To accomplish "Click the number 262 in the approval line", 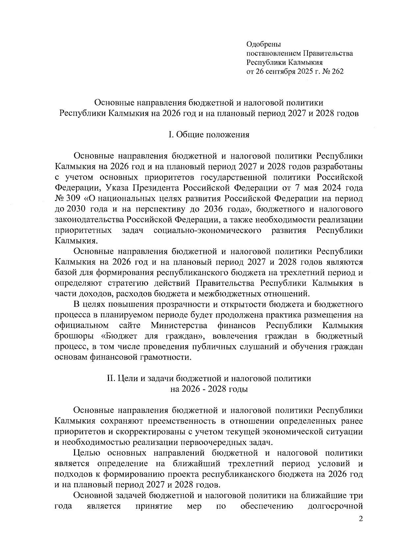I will (337, 71).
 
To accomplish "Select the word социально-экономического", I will (207, 230).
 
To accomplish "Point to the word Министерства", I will (179, 326).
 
